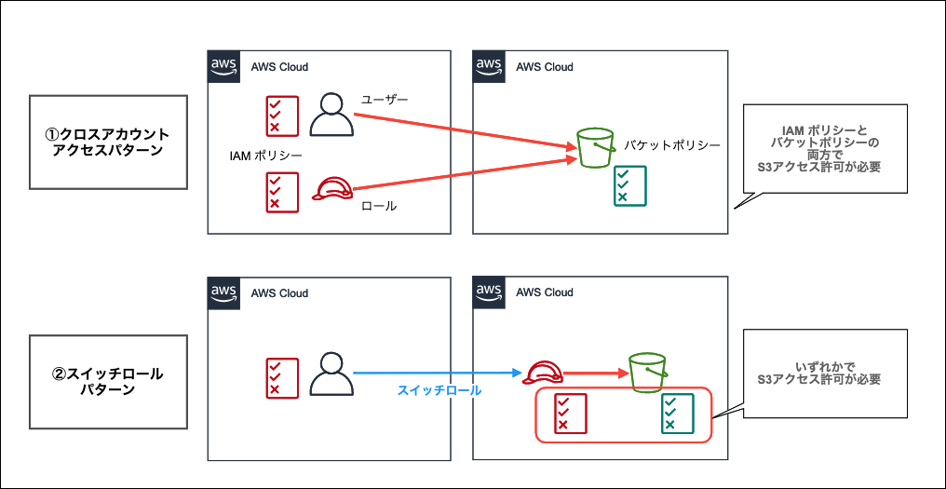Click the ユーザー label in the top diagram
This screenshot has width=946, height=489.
(x=385, y=99)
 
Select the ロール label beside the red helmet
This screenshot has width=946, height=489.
(x=378, y=206)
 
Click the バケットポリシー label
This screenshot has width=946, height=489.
(x=672, y=146)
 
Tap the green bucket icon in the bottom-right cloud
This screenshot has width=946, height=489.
(x=647, y=372)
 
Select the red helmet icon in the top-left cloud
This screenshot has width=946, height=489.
(x=331, y=190)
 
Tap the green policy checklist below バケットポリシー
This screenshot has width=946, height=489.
(x=630, y=185)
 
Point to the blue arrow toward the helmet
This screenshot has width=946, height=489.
(x=438, y=374)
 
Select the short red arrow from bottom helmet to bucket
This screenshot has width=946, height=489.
(x=596, y=374)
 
